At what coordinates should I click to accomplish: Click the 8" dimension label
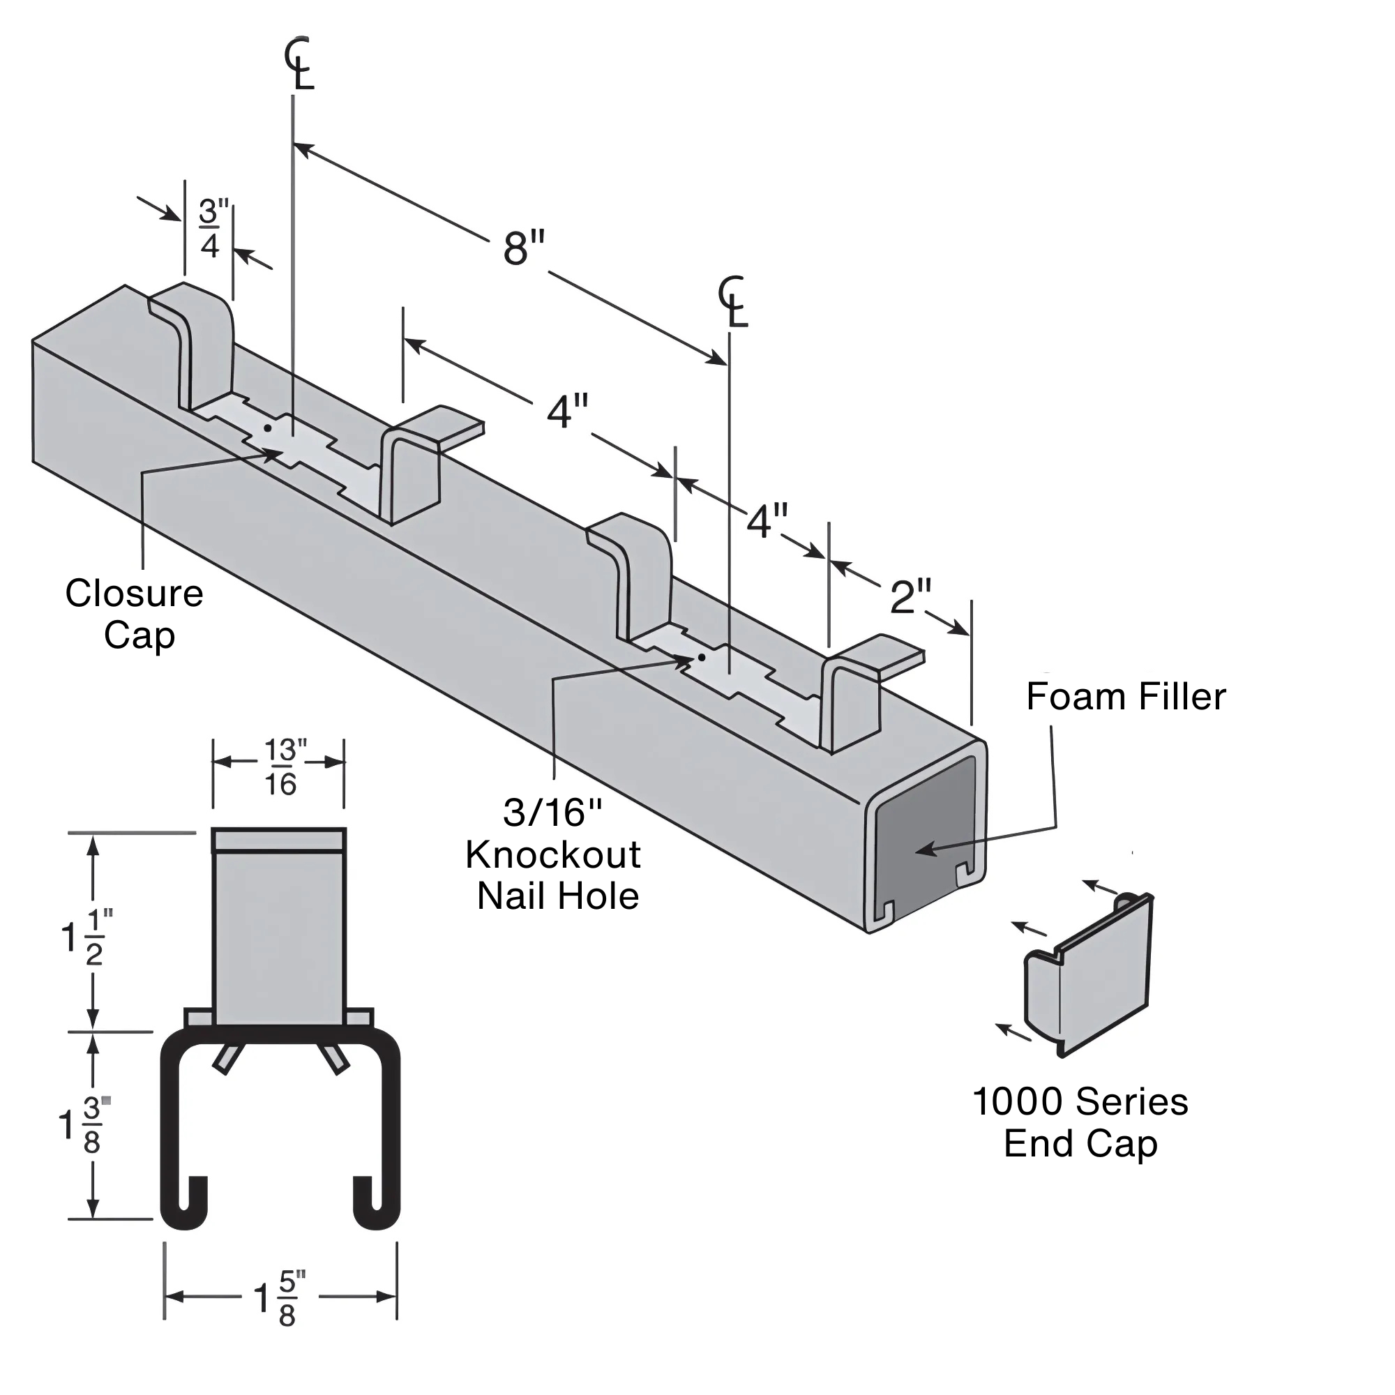524,250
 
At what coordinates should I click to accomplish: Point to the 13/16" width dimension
280,768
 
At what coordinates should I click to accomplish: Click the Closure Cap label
135,614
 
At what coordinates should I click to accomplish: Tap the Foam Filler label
1125,697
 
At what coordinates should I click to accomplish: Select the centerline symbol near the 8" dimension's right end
734,302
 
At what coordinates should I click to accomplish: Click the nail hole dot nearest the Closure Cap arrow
268,428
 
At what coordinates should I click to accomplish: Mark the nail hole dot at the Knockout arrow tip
701,658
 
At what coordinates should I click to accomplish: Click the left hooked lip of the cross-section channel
187,1202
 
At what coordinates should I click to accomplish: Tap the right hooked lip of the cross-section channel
374,1202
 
